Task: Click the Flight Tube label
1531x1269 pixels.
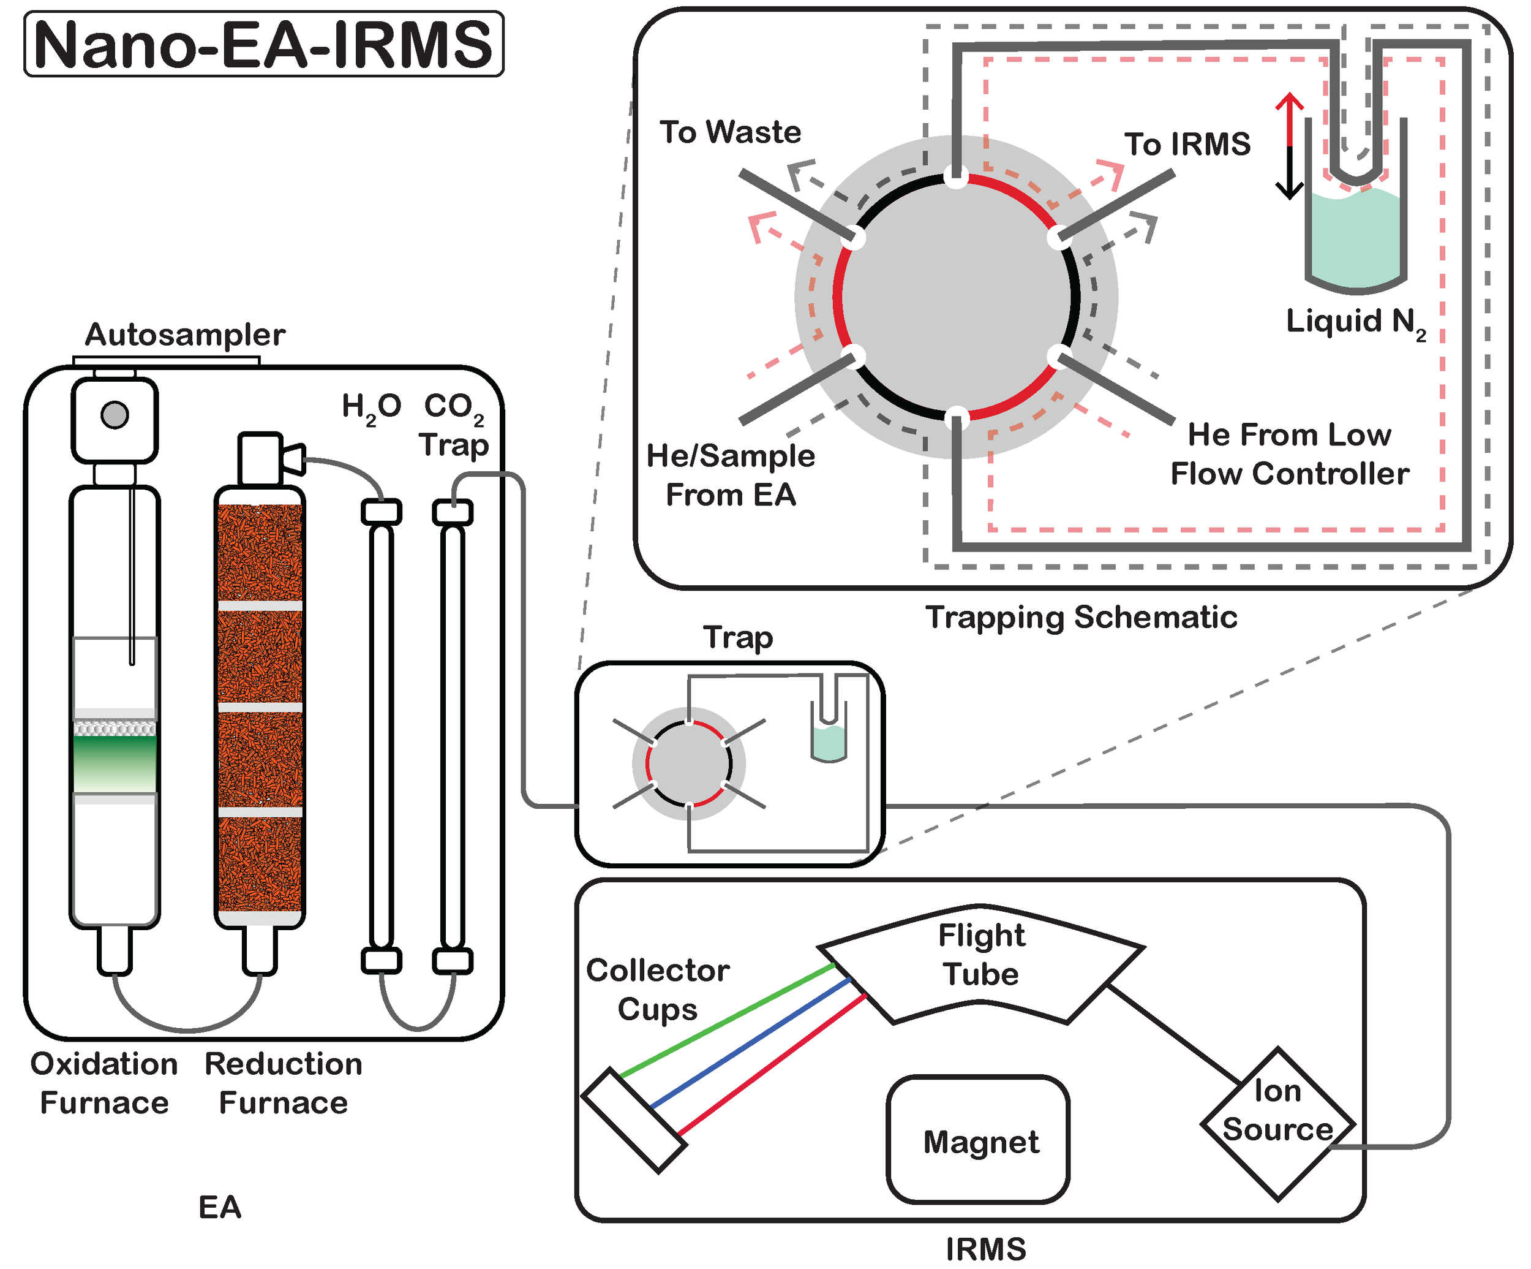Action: point(981,954)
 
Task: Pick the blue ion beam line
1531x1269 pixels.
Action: point(751,1043)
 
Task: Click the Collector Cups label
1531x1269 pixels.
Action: point(658,990)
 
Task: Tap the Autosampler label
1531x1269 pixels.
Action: point(185,335)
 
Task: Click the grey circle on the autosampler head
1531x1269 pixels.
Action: point(115,415)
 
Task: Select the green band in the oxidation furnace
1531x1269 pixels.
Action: point(115,762)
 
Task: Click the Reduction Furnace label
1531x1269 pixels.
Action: point(284,1083)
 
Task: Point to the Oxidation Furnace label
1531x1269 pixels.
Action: point(104,1083)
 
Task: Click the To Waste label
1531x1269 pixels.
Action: point(730,132)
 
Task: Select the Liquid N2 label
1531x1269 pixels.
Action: point(1355,322)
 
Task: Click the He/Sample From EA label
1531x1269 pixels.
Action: point(731,475)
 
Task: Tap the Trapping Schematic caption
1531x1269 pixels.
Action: point(1081,617)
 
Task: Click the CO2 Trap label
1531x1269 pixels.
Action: point(453,425)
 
